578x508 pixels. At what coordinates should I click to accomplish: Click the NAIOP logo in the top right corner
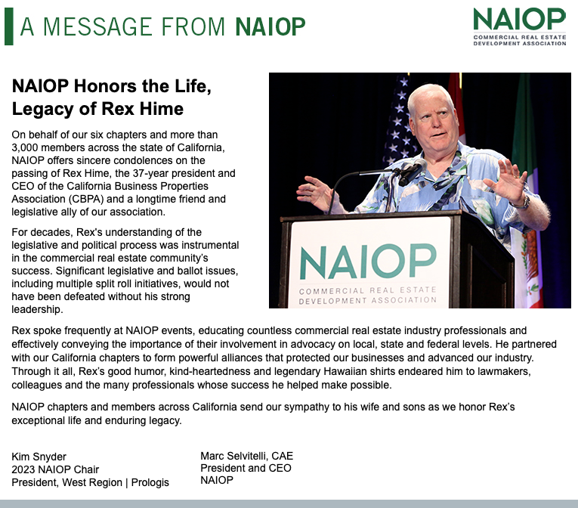[519, 26]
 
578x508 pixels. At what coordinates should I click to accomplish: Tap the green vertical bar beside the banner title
[9, 26]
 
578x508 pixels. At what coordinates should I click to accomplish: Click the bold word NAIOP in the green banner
[270, 27]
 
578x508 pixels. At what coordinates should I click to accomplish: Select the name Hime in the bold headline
[162, 109]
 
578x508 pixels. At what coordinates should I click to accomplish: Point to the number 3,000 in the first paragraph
[25, 147]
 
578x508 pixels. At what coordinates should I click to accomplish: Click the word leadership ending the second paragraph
[37, 309]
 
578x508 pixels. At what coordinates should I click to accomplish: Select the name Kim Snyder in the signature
[39, 457]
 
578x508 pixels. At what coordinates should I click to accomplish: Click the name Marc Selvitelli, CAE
[246, 456]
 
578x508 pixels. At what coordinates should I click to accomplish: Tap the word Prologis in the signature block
[150, 482]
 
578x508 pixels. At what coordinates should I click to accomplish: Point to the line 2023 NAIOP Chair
[55, 469]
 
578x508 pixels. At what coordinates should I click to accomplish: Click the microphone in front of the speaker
[412, 172]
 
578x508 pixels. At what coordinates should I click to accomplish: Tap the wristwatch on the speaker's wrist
[521, 203]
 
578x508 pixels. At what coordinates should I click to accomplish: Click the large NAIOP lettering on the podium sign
[368, 262]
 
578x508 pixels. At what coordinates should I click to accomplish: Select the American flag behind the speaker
[400, 122]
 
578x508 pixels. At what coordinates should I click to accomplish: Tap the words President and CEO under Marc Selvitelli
[246, 468]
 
